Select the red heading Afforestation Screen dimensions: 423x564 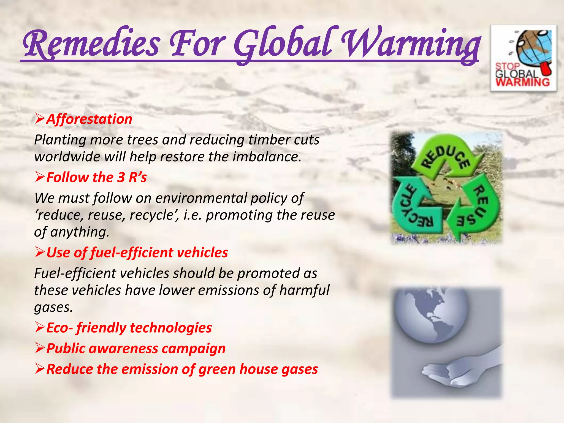pyautogui.click(x=89, y=119)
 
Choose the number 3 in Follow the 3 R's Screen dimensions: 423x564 pyautogui.click(x=121, y=177)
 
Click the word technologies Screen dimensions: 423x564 pyautogui.click(x=171, y=328)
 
